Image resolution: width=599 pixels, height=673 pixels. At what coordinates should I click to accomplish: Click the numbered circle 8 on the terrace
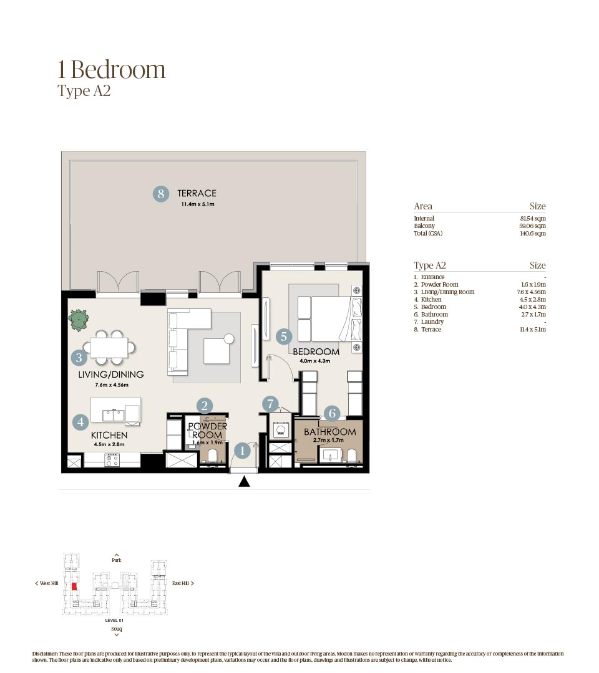(x=161, y=194)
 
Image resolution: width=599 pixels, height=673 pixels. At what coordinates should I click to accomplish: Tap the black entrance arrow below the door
(x=245, y=481)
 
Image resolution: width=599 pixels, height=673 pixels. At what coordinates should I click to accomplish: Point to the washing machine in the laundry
(x=279, y=429)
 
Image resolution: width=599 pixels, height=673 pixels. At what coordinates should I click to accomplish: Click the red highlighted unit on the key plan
(x=74, y=586)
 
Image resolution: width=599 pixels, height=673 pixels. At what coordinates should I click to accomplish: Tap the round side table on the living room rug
(x=229, y=339)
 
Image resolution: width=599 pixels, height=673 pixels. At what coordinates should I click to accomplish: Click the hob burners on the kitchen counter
(x=112, y=461)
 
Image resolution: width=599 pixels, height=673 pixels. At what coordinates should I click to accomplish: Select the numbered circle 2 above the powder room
(x=205, y=406)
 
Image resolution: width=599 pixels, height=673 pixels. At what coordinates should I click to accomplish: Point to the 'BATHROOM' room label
(x=329, y=431)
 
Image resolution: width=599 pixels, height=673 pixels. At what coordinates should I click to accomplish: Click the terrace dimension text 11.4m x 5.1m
(x=198, y=204)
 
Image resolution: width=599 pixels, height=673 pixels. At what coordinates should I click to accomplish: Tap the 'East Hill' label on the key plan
(x=182, y=583)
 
